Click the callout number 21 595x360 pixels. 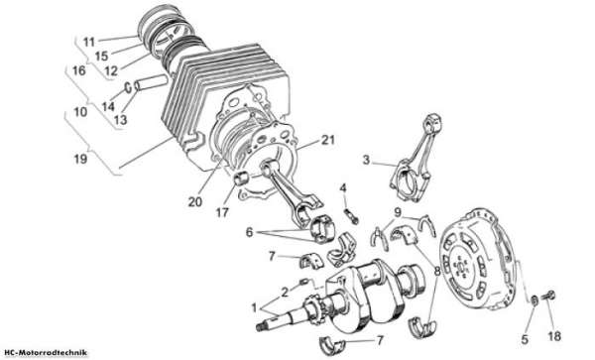328,140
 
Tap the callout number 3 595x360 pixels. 366,160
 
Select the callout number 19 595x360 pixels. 80,159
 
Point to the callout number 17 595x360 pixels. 222,212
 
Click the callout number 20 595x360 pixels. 195,201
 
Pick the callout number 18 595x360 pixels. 554,336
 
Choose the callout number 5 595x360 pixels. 525,339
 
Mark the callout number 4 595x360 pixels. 343,187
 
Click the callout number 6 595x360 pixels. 249,232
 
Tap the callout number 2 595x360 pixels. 285,292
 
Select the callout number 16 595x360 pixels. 79,70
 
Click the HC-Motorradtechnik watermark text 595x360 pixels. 44,353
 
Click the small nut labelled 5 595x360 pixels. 534,300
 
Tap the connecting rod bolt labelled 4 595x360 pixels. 351,216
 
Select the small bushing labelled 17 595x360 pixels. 241,179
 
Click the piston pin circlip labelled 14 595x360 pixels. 129,87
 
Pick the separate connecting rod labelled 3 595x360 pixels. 416,158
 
